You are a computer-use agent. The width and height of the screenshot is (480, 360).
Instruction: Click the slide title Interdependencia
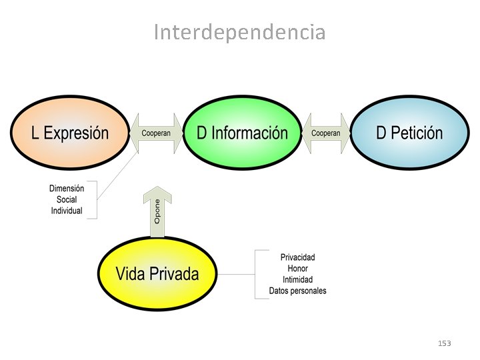click(239, 32)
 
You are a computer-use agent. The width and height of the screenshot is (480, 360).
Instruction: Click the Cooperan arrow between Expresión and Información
click(156, 133)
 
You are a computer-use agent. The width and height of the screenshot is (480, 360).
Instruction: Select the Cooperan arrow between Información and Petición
click(326, 133)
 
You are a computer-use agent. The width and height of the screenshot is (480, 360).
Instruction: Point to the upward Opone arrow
click(157, 212)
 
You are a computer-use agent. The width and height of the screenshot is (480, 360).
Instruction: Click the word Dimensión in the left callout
click(67, 189)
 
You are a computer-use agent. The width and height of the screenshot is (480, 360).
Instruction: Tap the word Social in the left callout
click(67, 199)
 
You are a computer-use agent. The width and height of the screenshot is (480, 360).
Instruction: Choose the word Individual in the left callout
click(67, 211)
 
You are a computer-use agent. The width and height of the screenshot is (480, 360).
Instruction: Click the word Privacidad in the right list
click(297, 257)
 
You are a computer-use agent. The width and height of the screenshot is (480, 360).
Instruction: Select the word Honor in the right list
click(297, 269)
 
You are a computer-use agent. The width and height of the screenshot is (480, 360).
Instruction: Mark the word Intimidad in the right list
click(297, 279)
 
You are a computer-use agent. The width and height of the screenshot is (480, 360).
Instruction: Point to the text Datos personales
click(297, 291)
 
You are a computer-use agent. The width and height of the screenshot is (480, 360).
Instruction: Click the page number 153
click(444, 343)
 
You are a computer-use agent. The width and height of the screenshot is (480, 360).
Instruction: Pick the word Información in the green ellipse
click(249, 133)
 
